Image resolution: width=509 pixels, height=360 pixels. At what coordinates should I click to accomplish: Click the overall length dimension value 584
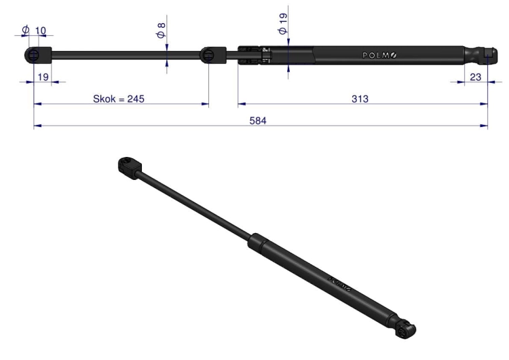[258, 120]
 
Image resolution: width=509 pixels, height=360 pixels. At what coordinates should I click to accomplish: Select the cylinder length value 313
[360, 98]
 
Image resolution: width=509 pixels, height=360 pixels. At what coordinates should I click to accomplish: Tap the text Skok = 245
[119, 98]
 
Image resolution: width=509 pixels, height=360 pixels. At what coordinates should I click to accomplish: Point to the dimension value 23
[475, 77]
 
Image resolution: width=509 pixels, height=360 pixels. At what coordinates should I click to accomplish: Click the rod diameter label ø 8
[162, 31]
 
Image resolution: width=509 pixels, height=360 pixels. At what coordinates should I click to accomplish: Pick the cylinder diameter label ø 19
[283, 24]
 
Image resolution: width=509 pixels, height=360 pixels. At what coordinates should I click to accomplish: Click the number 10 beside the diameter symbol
[40, 31]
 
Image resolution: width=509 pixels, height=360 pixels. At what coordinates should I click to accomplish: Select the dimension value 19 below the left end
[43, 77]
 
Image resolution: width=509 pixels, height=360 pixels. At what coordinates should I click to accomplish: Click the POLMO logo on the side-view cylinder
[379, 55]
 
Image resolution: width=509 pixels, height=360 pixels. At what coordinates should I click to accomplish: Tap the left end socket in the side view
[38, 55]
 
